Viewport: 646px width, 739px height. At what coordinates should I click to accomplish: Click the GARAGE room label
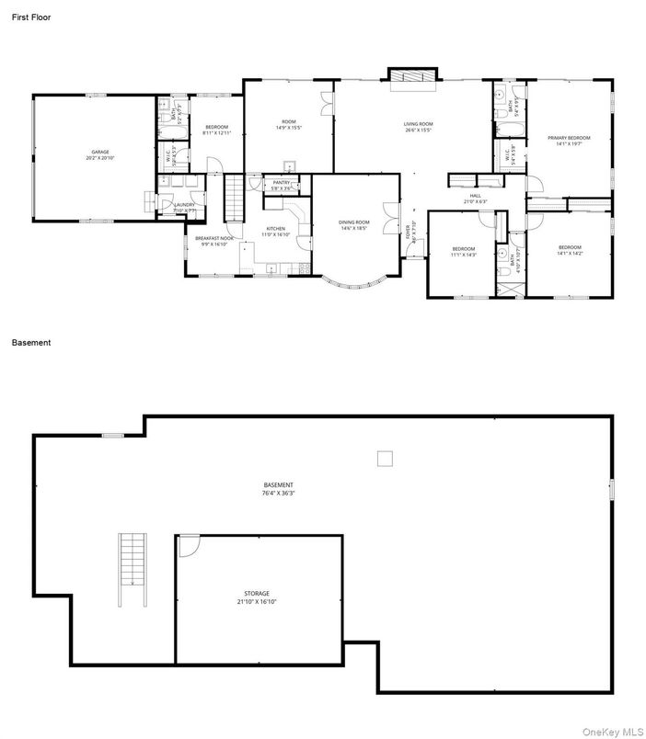tap(100, 152)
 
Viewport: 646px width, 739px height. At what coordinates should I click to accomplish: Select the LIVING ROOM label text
tap(418, 124)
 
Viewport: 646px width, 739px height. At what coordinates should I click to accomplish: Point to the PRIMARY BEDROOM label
tap(569, 138)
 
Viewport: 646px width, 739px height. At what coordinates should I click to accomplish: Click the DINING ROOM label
tap(353, 222)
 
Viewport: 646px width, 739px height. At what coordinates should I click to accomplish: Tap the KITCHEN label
tap(276, 228)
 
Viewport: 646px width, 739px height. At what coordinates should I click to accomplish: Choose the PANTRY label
tap(282, 183)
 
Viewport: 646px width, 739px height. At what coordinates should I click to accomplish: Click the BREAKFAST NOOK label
tap(213, 238)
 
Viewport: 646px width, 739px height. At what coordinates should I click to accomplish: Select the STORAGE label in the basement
tap(257, 594)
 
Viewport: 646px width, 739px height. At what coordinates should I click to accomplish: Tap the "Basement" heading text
tap(31, 343)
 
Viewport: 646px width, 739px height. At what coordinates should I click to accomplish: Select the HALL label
tap(476, 195)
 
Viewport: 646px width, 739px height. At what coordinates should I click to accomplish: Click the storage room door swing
tap(189, 545)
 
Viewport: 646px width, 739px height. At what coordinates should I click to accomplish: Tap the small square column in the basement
tap(386, 458)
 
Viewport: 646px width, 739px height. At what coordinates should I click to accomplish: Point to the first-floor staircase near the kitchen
tap(235, 195)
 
